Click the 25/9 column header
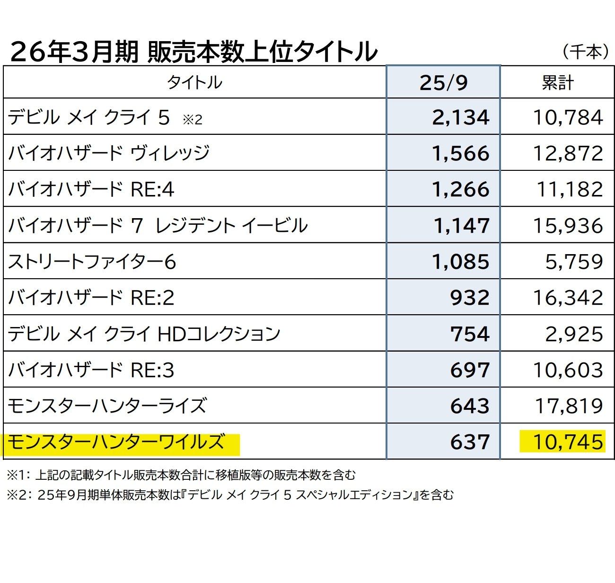(443, 83)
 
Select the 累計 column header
(557, 83)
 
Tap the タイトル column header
(194, 83)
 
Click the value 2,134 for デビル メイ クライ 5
(460, 117)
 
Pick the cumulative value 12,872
(568, 153)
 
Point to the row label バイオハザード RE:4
(91, 189)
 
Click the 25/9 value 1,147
(461, 225)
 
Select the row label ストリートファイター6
(92, 262)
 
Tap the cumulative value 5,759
(574, 262)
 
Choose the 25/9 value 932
(469, 298)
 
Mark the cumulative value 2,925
(574, 334)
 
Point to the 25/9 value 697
(469, 370)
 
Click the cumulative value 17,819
(569, 406)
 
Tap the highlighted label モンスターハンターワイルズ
(116, 442)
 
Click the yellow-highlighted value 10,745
(568, 442)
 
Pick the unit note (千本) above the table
(585, 51)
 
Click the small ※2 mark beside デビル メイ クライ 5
(192, 120)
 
